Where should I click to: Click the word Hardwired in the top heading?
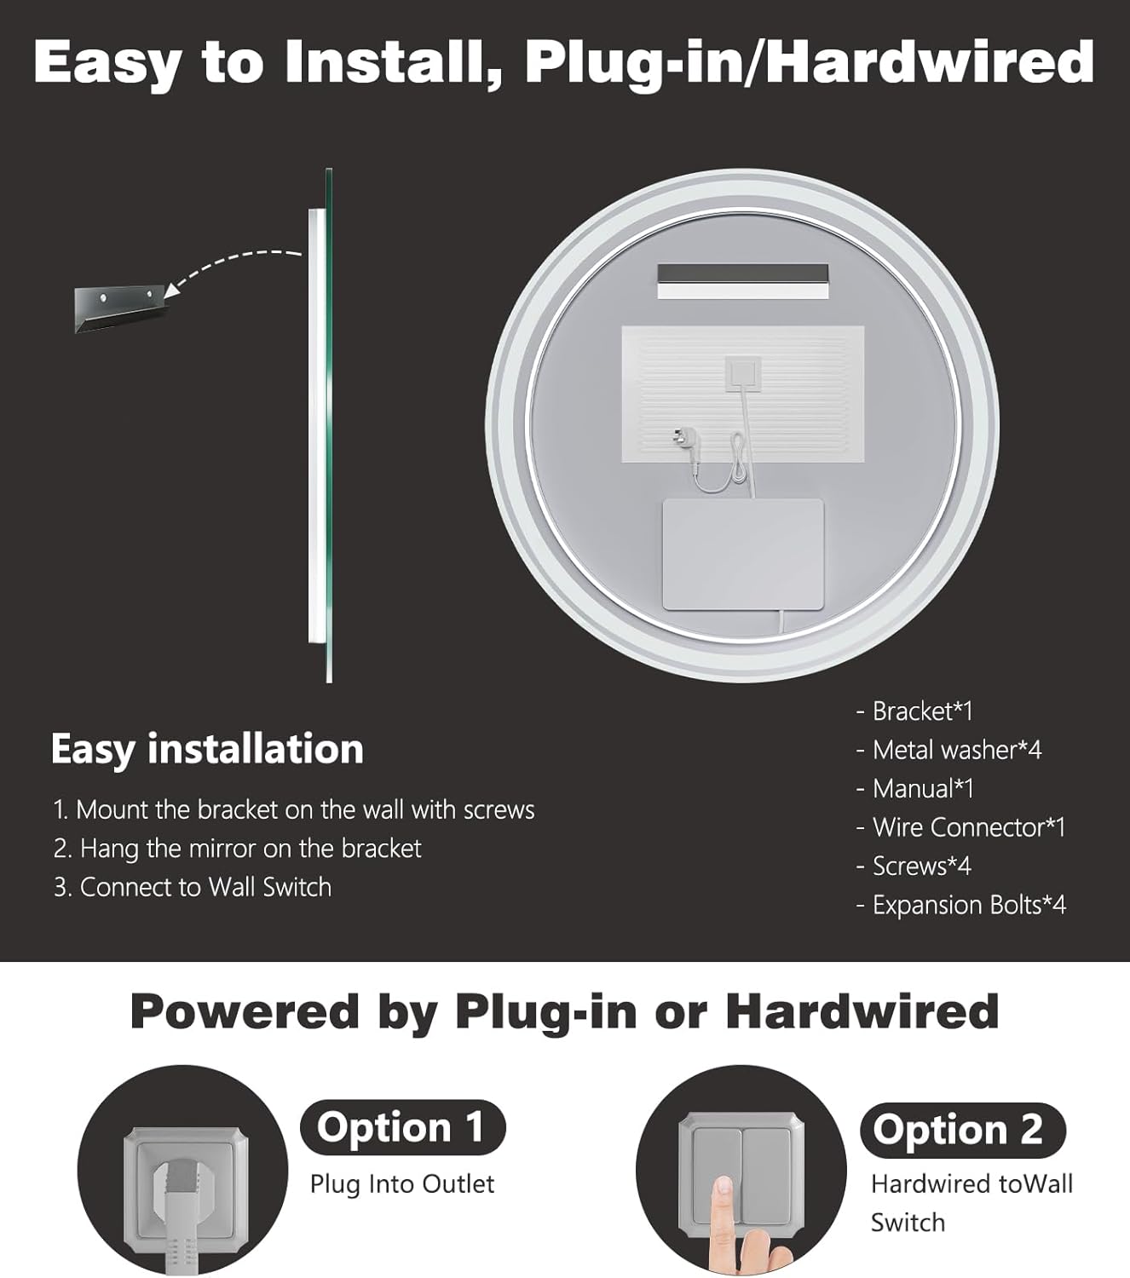(930, 62)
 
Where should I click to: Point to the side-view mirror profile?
(320, 426)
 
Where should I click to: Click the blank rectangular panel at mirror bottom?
(743, 555)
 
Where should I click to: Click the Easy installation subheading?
(207, 750)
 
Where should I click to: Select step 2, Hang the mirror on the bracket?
(237, 849)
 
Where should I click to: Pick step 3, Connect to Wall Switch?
(193, 887)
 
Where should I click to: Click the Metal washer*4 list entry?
(949, 750)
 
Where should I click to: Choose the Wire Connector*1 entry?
(960, 827)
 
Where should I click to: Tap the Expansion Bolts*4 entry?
(961, 905)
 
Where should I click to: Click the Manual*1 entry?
(915, 788)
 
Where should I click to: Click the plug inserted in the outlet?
(183, 1215)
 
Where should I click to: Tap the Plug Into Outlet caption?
(402, 1184)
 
